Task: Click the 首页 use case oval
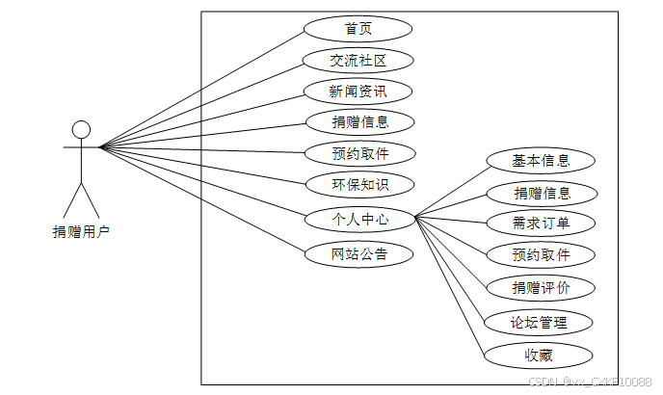click(358, 29)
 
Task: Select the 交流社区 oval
click(358, 61)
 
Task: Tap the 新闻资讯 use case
click(358, 92)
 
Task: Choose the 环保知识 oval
click(358, 184)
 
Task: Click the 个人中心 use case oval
click(359, 220)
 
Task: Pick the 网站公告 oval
click(358, 254)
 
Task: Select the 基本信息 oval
click(540, 161)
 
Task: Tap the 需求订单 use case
click(540, 224)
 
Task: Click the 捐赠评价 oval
click(540, 287)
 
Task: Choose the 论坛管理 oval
click(540, 322)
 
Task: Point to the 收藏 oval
click(540, 355)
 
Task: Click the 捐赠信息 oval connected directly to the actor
click(358, 122)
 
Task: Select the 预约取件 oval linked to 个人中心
click(540, 255)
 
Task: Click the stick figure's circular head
click(81, 129)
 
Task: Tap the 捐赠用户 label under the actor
click(81, 232)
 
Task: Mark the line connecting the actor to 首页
click(202, 89)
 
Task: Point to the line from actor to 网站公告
click(202, 199)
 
